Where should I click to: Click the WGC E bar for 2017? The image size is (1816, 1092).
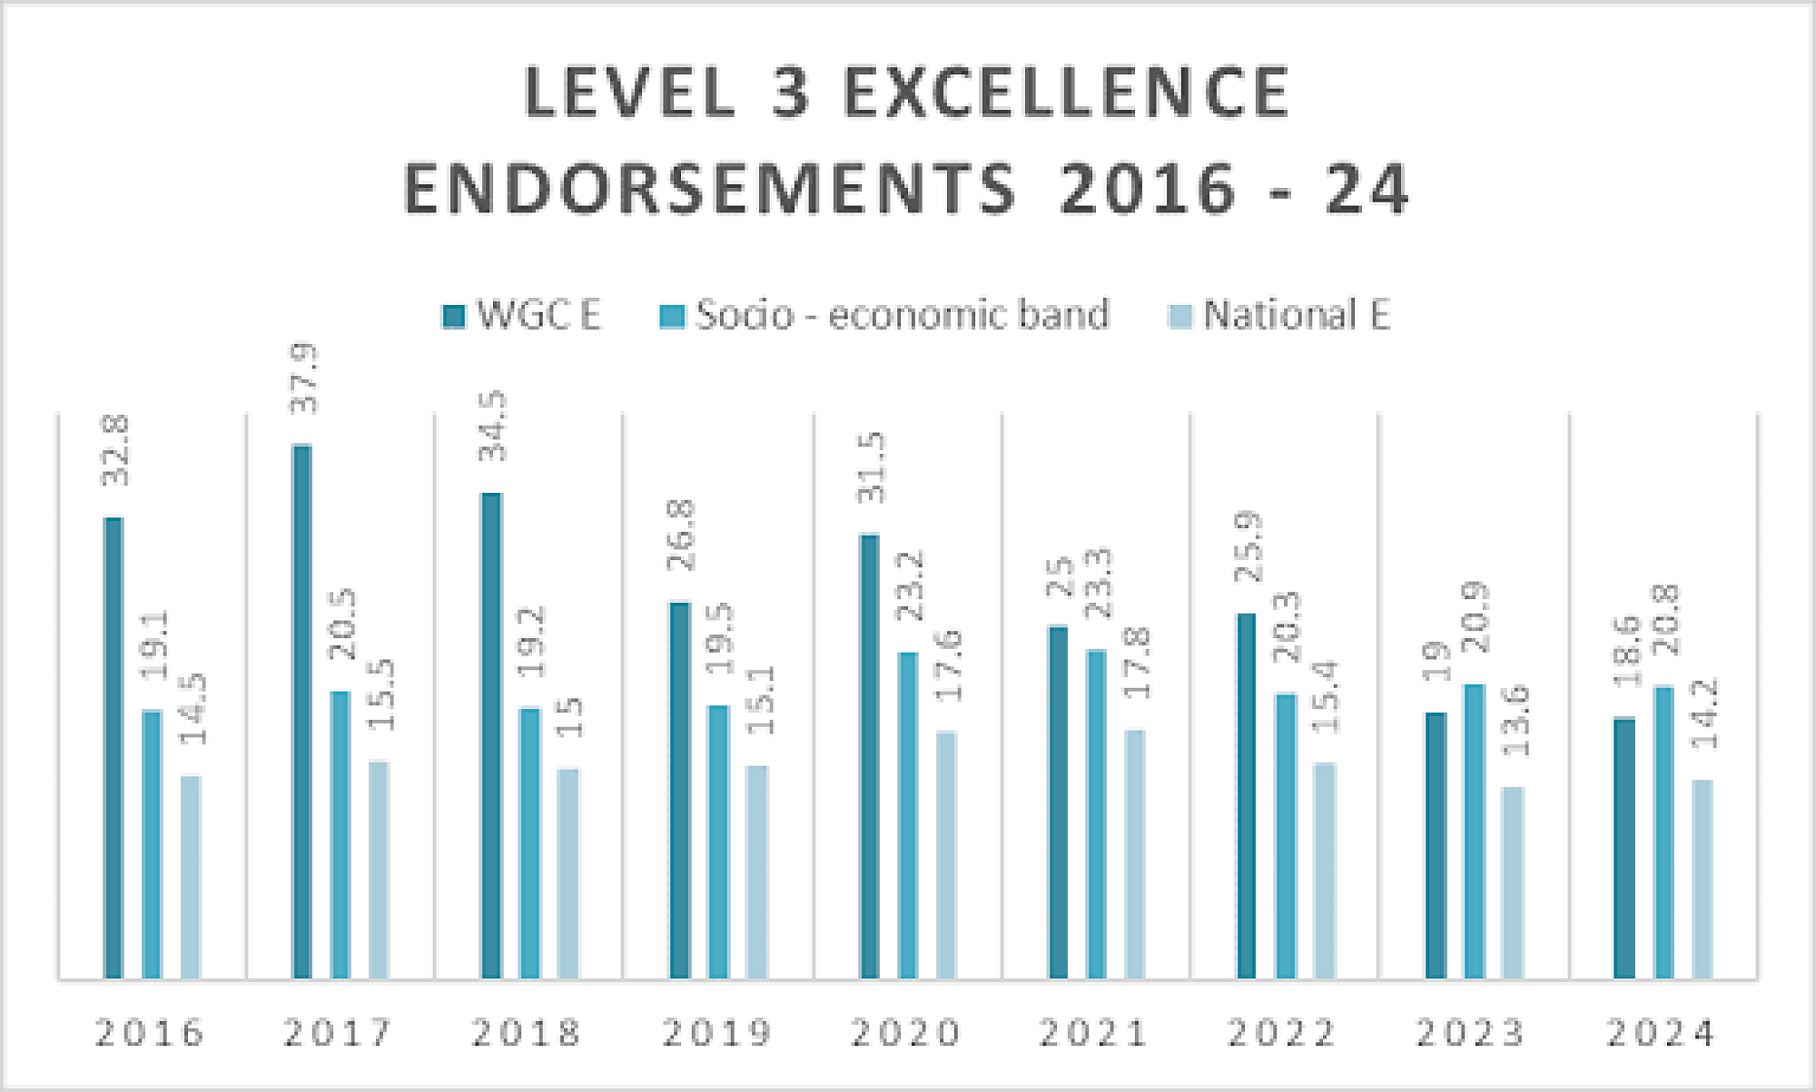click(x=302, y=712)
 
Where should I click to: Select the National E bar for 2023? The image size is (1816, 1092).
click(x=1513, y=882)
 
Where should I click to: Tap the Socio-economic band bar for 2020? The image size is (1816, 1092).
click(x=908, y=815)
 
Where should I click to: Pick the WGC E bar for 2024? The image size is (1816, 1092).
click(x=1624, y=848)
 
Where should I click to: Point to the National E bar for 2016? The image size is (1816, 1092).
click(x=191, y=877)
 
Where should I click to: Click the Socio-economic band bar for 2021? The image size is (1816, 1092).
click(x=1096, y=814)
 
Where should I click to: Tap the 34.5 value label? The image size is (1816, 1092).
click(x=493, y=427)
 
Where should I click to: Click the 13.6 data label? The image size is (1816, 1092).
click(x=1515, y=722)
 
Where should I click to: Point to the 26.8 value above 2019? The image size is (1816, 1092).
click(x=681, y=536)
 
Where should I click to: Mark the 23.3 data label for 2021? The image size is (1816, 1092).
click(x=1099, y=584)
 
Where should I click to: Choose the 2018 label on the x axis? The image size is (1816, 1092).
click(x=527, y=1033)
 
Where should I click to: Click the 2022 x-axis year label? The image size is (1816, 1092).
click(x=1282, y=1033)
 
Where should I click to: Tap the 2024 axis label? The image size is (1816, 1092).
click(x=1661, y=1033)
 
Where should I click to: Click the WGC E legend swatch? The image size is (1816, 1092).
click(x=453, y=316)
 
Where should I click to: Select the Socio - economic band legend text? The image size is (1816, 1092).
click(x=903, y=315)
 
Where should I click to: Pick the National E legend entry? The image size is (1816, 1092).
click(x=1296, y=315)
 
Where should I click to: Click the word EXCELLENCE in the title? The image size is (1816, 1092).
click(x=1067, y=93)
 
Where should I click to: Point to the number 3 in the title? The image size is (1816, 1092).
click(x=789, y=93)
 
